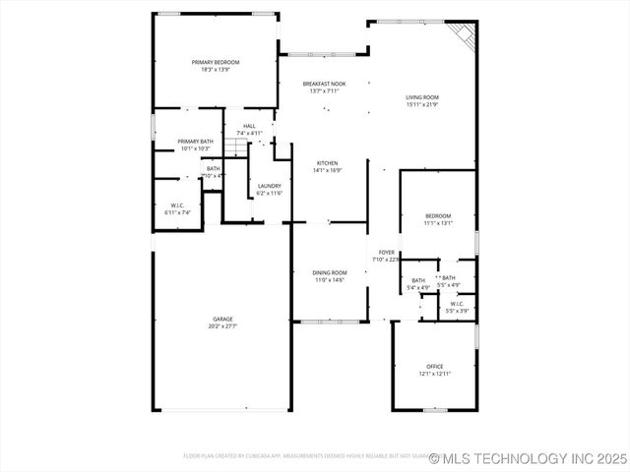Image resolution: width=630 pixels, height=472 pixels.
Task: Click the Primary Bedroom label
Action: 215,62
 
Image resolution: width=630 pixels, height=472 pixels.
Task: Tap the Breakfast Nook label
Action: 324,85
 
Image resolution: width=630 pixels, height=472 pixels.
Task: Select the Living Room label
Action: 422,97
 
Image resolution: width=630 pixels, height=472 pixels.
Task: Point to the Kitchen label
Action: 327,162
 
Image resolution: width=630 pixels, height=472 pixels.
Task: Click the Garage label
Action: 222,319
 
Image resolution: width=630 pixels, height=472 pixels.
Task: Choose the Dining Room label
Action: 330,272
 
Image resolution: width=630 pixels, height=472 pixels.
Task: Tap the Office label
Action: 435,366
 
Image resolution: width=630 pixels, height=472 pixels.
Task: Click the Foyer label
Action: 386,253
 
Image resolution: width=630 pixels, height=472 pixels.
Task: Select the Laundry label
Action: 269,186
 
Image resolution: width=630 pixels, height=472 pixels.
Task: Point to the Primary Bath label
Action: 195,142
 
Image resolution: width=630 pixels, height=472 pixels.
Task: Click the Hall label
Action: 249,126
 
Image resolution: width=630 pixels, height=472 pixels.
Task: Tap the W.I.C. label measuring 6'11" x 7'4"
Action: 164,206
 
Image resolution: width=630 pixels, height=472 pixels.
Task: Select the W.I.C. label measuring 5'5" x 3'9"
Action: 456,304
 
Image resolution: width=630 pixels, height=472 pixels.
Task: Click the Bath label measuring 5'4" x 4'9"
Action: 418,281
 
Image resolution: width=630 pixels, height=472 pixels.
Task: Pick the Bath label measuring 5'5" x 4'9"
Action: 448,278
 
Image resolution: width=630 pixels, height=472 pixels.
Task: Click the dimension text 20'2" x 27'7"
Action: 222,325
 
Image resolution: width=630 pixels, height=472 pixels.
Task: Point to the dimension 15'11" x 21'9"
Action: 422,104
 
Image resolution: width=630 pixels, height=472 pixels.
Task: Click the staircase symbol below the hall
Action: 235,147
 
